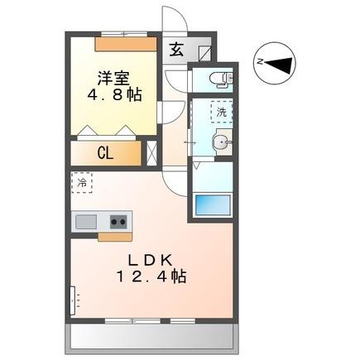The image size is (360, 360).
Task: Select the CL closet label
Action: coord(106,152)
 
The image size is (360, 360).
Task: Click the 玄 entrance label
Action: coord(176,49)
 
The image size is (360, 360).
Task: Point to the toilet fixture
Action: coord(221,79)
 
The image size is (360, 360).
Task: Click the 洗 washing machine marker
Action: coord(221,111)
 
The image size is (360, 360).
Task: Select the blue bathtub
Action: coord(211,204)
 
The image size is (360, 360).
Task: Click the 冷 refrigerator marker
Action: coord(83,181)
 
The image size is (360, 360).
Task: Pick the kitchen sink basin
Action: coord(85,221)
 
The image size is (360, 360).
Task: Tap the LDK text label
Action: coord(150,259)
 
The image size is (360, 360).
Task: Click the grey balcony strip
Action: coord(154,336)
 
